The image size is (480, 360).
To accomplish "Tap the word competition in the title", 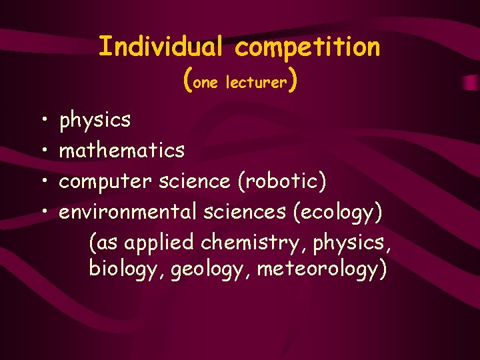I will tap(307, 47).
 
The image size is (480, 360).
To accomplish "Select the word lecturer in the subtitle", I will tap(257, 83).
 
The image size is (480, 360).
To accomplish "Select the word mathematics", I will tap(122, 151).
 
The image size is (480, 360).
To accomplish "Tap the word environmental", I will tap(127, 212).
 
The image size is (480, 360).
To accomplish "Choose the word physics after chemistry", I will tap(353, 243).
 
